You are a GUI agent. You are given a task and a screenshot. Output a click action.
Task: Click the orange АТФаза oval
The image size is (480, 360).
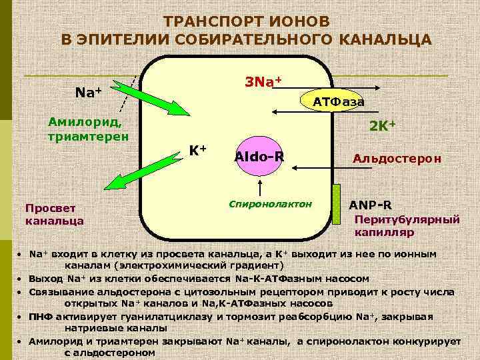pyautogui.click(x=338, y=101)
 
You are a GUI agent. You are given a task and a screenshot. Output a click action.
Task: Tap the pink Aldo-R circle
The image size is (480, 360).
pyautogui.click(x=259, y=157)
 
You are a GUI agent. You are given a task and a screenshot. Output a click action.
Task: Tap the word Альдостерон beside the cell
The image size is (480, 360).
pyautogui.click(x=397, y=160)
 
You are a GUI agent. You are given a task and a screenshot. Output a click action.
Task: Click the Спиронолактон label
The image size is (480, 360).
pyautogui.click(x=270, y=203)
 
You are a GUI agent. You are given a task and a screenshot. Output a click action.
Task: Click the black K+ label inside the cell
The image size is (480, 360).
pyautogui.click(x=197, y=150)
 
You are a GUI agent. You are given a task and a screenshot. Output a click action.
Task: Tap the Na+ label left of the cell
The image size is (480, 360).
pyautogui.click(x=88, y=92)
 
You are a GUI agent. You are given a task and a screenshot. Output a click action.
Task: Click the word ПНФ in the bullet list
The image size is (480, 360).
pyautogui.click(x=41, y=316)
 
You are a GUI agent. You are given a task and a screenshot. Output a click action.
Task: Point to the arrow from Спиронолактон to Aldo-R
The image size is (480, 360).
pyautogui.click(x=259, y=185)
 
